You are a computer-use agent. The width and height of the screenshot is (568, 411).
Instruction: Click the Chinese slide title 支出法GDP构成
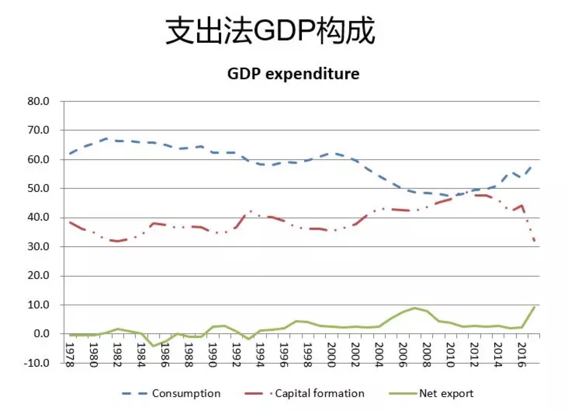click(x=270, y=31)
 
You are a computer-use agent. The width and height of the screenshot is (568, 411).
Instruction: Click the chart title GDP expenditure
click(x=293, y=73)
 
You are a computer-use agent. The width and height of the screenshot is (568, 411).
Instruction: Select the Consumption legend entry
click(x=171, y=394)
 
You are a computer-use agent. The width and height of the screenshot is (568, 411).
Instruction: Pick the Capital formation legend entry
click(x=305, y=394)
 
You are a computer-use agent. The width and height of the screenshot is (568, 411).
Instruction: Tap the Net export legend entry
click(x=431, y=394)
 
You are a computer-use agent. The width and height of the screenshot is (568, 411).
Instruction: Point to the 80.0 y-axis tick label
click(x=38, y=101)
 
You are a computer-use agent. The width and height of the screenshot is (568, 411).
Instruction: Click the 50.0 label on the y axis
click(x=38, y=188)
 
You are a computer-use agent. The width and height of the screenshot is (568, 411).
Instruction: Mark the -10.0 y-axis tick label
click(x=36, y=363)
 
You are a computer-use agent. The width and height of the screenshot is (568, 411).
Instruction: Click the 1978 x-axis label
click(x=69, y=354)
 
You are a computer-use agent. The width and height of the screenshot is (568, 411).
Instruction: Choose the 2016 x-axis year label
click(x=521, y=354)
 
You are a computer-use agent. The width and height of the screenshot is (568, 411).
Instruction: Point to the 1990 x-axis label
click(x=212, y=354)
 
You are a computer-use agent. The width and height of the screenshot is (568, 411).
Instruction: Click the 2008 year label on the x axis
click(x=426, y=354)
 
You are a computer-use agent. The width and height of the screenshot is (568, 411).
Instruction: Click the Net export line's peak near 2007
click(x=415, y=308)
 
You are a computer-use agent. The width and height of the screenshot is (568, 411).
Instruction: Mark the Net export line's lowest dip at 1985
click(x=154, y=346)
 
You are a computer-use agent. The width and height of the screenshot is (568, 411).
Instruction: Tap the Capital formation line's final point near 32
click(x=535, y=241)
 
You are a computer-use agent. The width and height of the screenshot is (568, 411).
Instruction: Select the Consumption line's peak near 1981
click(x=106, y=138)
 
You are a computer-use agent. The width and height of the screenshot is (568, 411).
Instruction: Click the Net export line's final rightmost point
click(x=535, y=307)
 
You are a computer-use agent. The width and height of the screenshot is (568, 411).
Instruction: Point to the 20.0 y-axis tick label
click(x=38, y=276)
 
